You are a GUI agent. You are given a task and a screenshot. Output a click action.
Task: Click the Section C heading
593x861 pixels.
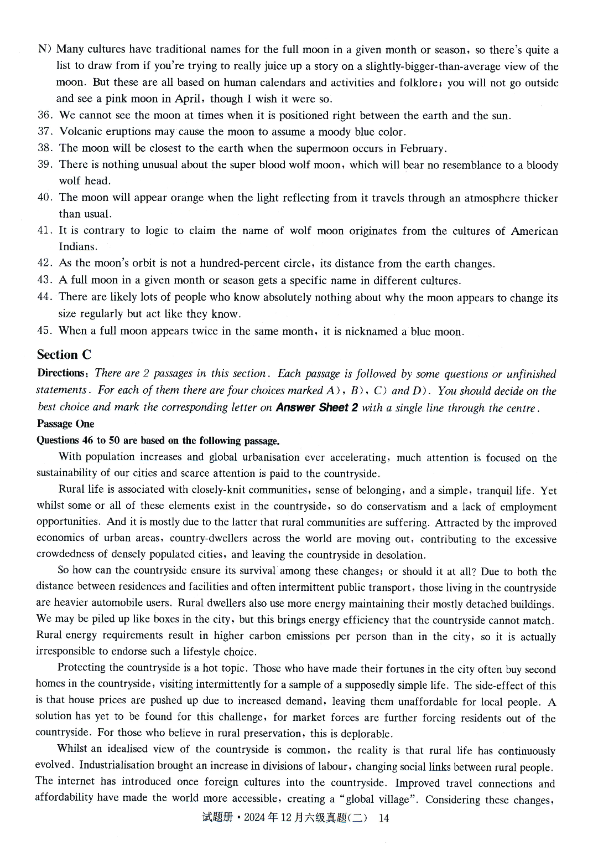point(64,354)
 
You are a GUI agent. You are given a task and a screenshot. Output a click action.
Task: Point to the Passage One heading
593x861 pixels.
point(65,424)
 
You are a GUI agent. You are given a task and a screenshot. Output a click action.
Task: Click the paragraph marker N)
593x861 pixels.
point(45,49)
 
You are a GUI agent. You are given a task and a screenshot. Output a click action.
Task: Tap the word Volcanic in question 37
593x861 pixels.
point(78,132)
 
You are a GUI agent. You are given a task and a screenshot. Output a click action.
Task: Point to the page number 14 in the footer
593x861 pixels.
point(383,818)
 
